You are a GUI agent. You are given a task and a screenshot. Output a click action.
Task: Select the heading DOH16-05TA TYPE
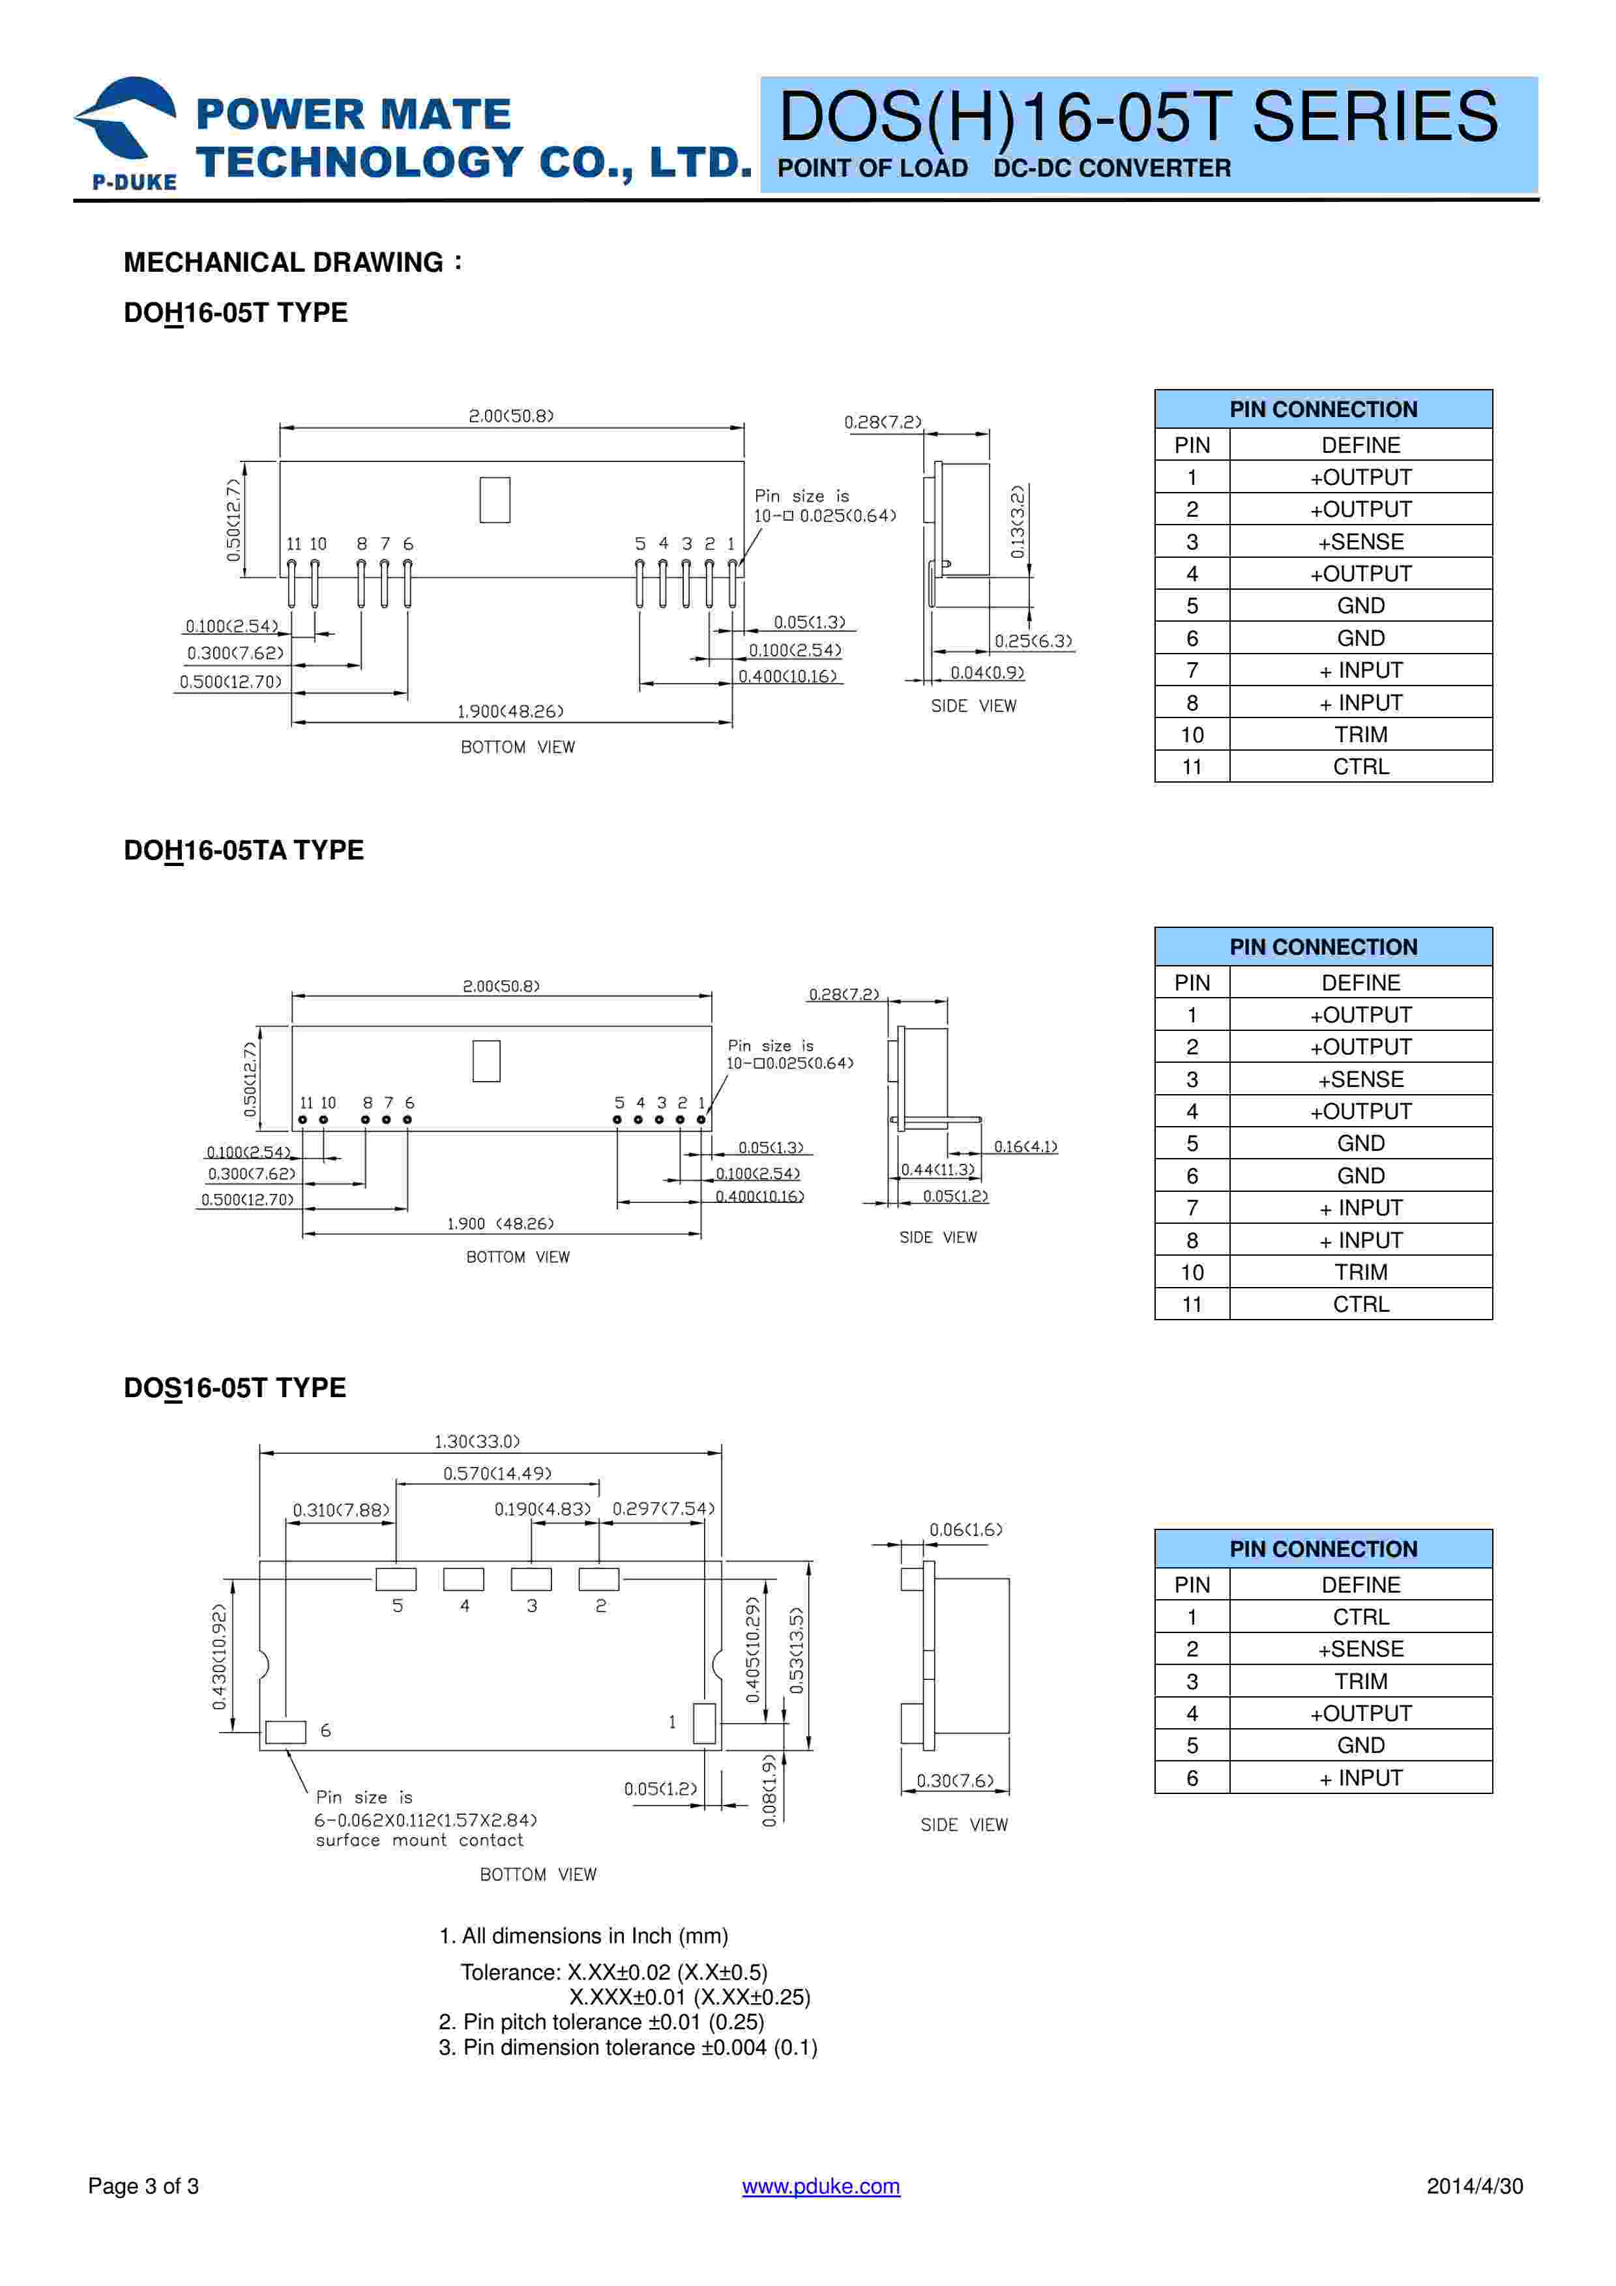[x=243, y=850]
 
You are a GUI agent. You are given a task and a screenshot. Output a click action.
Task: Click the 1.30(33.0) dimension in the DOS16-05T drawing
[x=477, y=1441]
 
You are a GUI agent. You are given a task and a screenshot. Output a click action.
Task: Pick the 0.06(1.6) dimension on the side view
[x=966, y=1529]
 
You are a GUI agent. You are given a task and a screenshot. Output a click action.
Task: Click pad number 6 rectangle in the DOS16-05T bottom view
[x=286, y=1731]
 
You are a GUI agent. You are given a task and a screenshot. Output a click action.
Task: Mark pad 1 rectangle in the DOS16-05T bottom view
[x=704, y=1724]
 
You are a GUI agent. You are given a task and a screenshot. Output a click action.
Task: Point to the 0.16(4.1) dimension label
[x=1025, y=1147]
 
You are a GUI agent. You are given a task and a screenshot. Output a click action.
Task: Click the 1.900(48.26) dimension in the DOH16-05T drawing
[x=510, y=711]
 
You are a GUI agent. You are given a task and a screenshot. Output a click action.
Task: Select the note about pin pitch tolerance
[x=602, y=2022]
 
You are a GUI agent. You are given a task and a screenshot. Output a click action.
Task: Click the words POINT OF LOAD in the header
[x=872, y=168]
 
